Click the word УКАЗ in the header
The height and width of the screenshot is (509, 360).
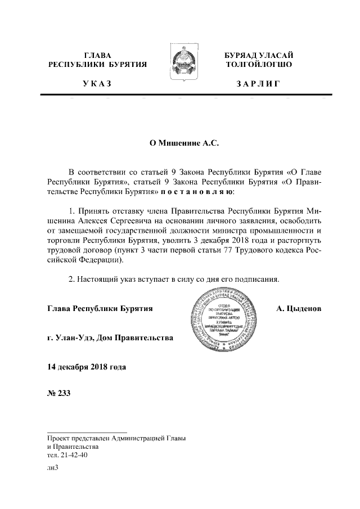[x=97, y=84]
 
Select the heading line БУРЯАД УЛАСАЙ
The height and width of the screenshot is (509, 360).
[x=258, y=55]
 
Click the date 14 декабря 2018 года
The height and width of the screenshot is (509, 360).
[x=86, y=367]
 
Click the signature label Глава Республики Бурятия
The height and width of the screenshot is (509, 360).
[x=100, y=308]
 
